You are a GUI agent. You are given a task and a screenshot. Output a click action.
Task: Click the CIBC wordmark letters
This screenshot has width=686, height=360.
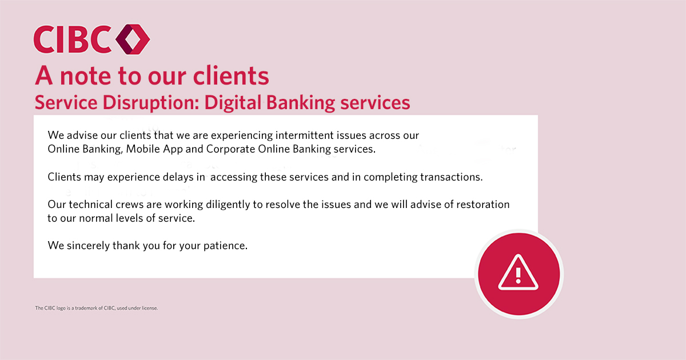73,40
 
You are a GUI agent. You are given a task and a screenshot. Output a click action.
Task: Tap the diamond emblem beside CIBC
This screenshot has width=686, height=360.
133,40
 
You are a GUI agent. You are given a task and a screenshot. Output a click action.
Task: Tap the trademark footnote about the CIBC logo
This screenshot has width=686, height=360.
96,308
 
